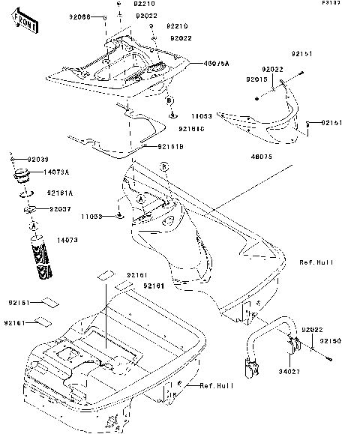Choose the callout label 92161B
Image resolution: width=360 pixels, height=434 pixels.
[170, 147]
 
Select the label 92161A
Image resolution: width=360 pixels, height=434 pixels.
[60, 193]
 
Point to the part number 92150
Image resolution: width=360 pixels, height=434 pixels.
[332, 341]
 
